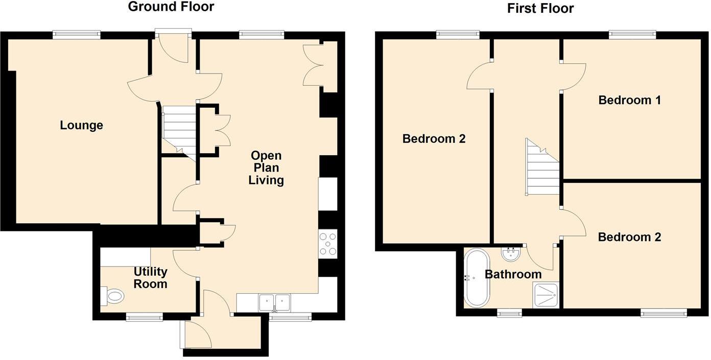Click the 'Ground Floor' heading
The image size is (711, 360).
pos(171,7)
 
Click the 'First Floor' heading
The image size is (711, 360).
pos(540,8)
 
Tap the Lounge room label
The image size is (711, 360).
pos(81,125)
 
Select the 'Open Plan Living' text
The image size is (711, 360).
pos(266,167)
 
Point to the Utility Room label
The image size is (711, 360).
pos(150,278)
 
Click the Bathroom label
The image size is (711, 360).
pos(513,275)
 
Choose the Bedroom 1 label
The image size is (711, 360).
pos(629,100)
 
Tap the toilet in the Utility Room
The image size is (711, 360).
pos(113,295)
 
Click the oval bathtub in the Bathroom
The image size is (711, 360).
pos(477,278)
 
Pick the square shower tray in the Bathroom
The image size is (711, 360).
pos(546,295)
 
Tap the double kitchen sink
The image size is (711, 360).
pos(274,302)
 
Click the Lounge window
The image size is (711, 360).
pos(77,35)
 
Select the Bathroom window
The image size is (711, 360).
pos(509,313)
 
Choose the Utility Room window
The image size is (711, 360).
pos(145,318)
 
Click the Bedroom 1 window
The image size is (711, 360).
pos(632,35)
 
